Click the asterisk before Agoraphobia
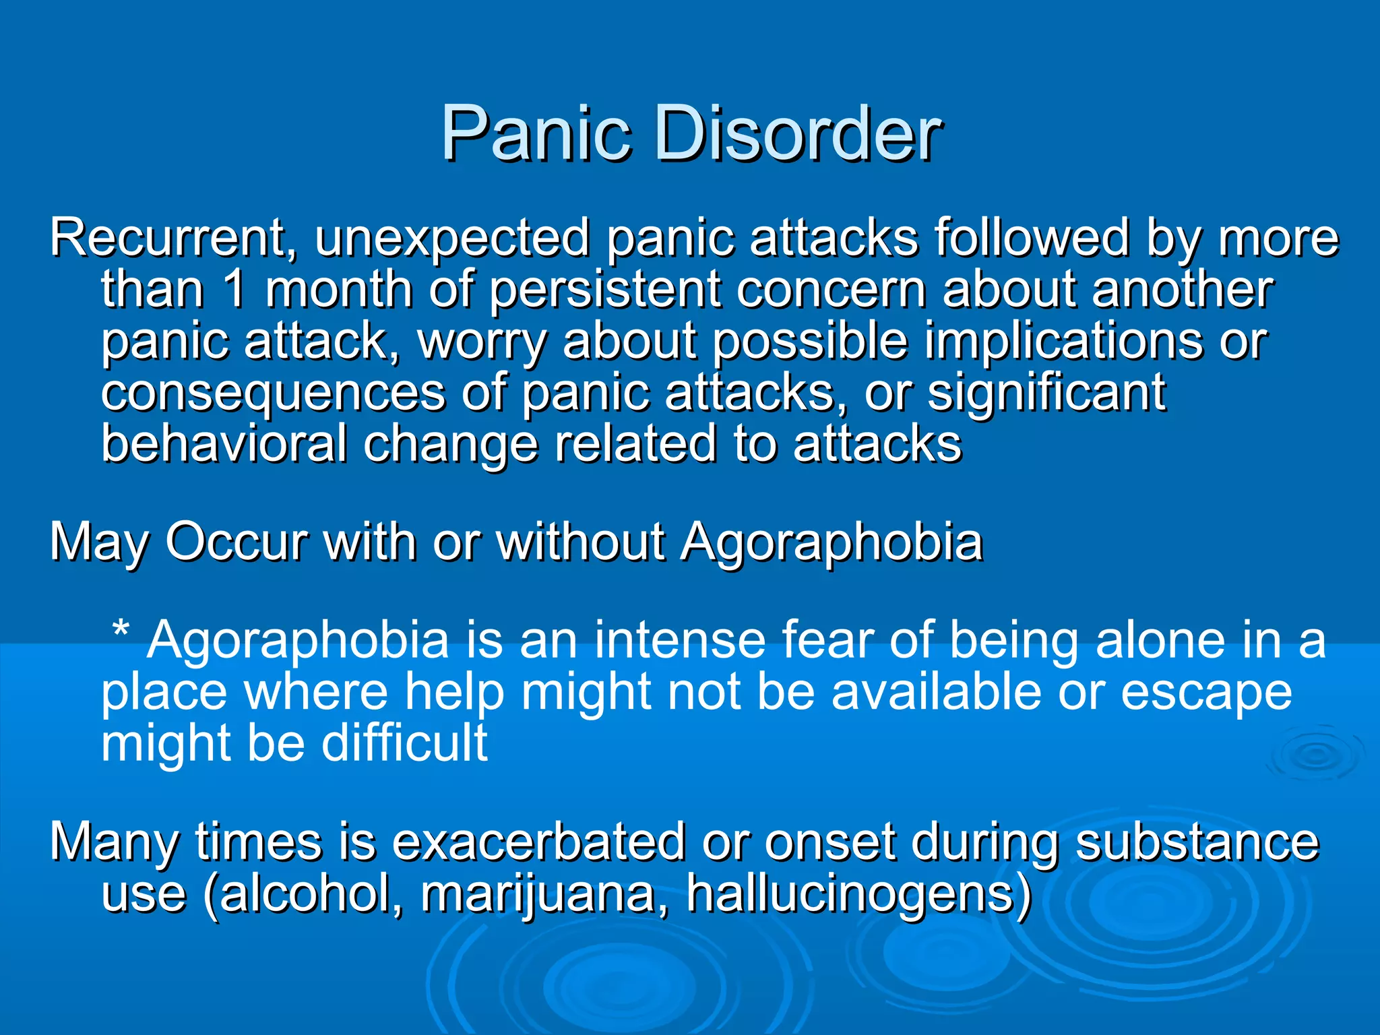tap(121, 632)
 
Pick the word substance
tap(1197, 842)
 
